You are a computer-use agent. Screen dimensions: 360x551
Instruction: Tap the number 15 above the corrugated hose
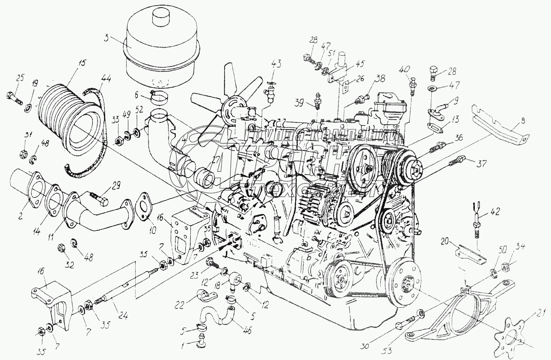pos(82,63)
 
